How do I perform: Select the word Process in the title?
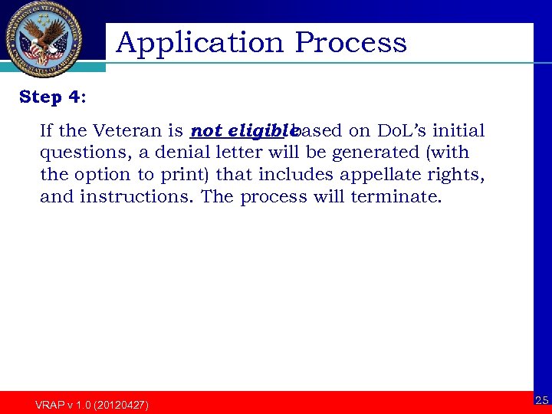pyautogui.click(x=350, y=43)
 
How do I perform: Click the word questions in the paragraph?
pyautogui.click(x=84, y=153)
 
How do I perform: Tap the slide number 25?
pyautogui.click(x=541, y=400)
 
